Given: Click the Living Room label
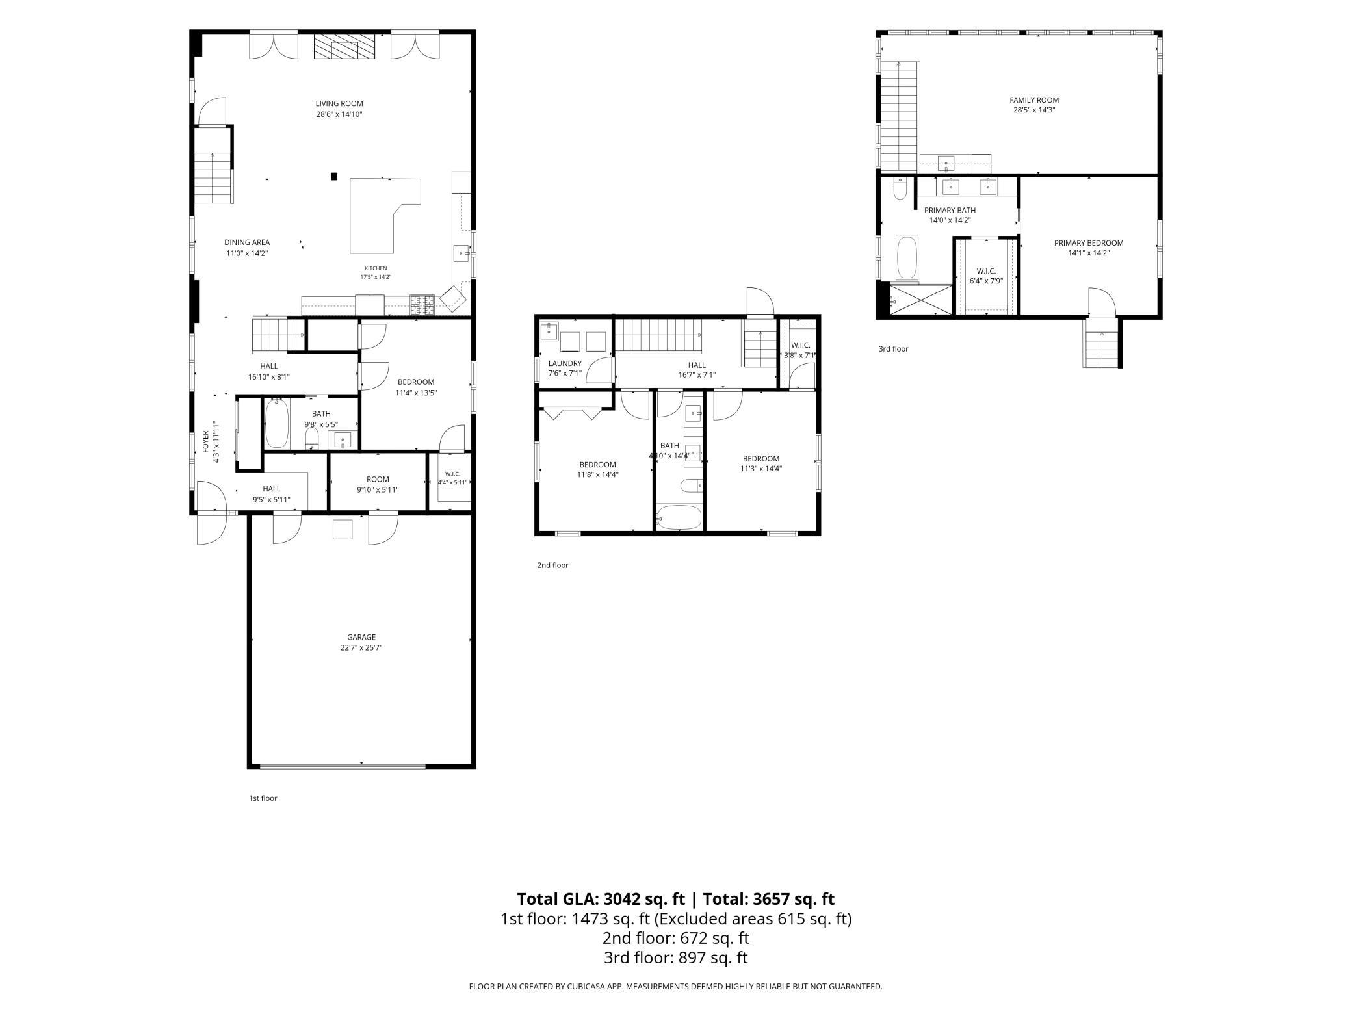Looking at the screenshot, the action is (339, 103).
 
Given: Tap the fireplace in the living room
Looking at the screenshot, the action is (344, 47).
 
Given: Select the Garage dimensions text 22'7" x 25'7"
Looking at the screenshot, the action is (361, 647).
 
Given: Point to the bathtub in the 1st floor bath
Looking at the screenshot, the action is (277, 423).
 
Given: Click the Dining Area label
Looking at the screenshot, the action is (247, 242).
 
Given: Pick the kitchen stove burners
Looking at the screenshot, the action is (421, 305).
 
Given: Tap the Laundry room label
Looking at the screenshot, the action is (565, 363).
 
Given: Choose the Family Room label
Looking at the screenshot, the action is (1034, 100).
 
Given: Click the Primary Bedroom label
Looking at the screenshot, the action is (1089, 243).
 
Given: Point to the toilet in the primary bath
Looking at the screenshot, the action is (900, 188).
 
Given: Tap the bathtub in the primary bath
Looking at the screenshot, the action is (907, 257).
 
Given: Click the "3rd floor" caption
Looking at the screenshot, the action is (894, 349).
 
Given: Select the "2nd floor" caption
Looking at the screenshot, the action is (552, 565).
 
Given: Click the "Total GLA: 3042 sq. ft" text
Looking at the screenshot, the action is (601, 899).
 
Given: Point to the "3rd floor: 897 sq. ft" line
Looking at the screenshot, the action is (676, 957).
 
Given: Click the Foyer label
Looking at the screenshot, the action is (206, 441).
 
